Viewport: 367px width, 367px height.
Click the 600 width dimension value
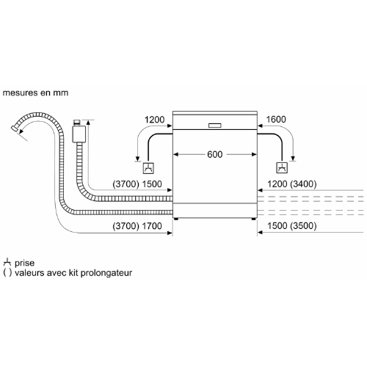point(215,154)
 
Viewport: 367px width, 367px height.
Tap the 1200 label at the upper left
point(154,120)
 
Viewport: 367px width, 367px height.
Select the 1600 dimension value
point(276,120)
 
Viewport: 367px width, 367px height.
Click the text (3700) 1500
point(137,184)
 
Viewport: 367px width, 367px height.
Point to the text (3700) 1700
point(137,226)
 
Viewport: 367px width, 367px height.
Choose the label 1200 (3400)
point(292,184)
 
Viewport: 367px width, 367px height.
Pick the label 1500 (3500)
point(292,226)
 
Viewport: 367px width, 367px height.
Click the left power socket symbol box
point(148,168)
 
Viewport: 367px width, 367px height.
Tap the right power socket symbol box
point(282,168)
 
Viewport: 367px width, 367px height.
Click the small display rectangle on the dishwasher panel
point(215,126)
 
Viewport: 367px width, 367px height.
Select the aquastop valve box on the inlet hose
point(79,134)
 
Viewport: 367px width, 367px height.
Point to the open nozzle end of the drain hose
point(14,128)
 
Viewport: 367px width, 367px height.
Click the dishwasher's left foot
point(176,219)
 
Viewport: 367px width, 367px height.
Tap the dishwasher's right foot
point(254,219)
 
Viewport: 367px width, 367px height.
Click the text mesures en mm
point(35,92)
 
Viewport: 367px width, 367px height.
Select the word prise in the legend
point(24,263)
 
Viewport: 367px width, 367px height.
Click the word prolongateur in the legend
point(106,273)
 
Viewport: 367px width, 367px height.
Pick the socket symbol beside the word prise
point(7,262)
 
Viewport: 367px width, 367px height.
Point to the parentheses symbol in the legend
point(7,273)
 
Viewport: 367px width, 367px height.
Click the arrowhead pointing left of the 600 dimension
point(175,154)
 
